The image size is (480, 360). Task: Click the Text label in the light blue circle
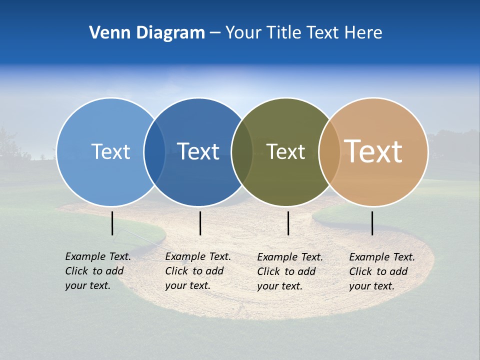[x=110, y=151]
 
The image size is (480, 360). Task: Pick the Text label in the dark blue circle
[x=198, y=151]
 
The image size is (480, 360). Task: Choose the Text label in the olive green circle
[x=285, y=151]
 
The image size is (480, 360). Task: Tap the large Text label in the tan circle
[x=373, y=151]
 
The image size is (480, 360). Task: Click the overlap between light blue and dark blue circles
[x=154, y=151]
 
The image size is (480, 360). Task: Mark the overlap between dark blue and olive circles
[x=242, y=151]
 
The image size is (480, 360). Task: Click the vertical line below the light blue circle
[x=112, y=223]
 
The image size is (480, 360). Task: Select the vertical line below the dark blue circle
[x=200, y=223]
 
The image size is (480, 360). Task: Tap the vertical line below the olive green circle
[x=288, y=223]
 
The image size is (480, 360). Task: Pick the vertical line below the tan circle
[x=372, y=223]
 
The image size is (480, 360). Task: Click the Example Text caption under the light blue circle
[x=97, y=271]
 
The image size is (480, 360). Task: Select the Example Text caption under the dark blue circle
[x=197, y=271]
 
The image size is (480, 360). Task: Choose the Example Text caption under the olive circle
[x=289, y=271]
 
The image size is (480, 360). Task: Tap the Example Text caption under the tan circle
[x=381, y=271]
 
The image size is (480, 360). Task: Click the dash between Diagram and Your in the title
[x=215, y=33]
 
